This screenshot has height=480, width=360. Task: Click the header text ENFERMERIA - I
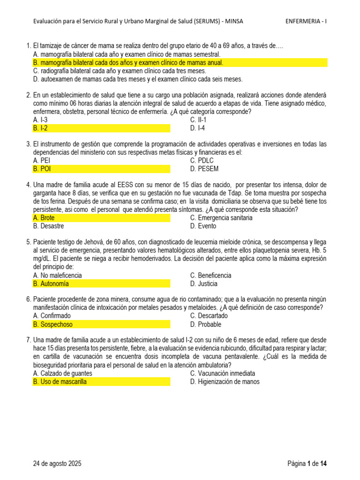[x=306, y=21]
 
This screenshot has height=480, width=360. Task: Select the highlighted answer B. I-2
[x=41, y=128]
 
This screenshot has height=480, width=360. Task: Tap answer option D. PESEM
[x=204, y=169]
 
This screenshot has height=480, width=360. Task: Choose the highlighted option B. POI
[x=42, y=169]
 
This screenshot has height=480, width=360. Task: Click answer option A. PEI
[x=42, y=160]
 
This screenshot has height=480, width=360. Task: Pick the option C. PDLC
[x=202, y=160]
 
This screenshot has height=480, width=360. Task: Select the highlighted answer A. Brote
[x=44, y=218]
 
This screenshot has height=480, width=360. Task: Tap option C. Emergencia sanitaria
[x=221, y=218]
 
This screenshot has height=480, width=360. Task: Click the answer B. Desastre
[x=49, y=226]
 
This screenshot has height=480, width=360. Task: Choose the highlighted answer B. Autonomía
[x=51, y=284]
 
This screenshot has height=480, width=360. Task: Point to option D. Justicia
[x=204, y=284]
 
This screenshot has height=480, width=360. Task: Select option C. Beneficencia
[x=210, y=275]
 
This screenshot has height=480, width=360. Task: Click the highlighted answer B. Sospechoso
[x=53, y=324]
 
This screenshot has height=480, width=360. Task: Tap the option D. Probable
[x=206, y=324]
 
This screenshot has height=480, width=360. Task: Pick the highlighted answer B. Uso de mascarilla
[x=60, y=382]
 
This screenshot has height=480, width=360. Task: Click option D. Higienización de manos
[x=225, y=382]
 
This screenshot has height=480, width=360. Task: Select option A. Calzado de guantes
[x=63, y=373]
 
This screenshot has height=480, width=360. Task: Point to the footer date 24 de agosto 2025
[x=57, y=464]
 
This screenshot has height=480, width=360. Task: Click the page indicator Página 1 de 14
[x=307, y=464]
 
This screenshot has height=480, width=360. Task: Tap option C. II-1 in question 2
[x=199, y=120]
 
